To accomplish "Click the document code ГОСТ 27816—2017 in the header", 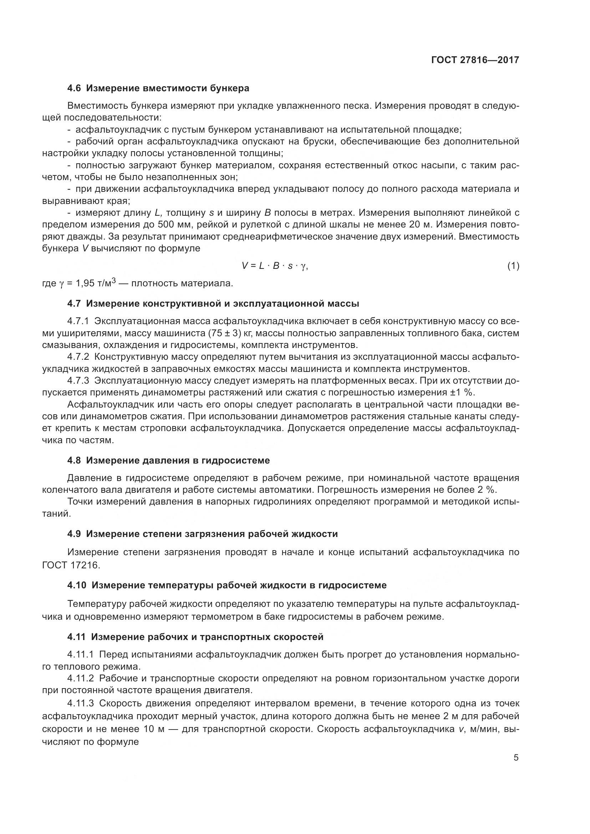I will pyautogui.click(x=475, y=60).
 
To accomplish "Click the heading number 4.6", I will pyautogui.click(x=74, y=88).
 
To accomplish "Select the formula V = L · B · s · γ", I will pyautogui.click(x=275, y=266).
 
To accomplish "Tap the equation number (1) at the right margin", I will pyautogui.click(x=513, y=266).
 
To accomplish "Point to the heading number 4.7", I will pyautogui.click(x=74, y=303).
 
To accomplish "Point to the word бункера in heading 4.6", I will pyautogui.click(x=230, y=88).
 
